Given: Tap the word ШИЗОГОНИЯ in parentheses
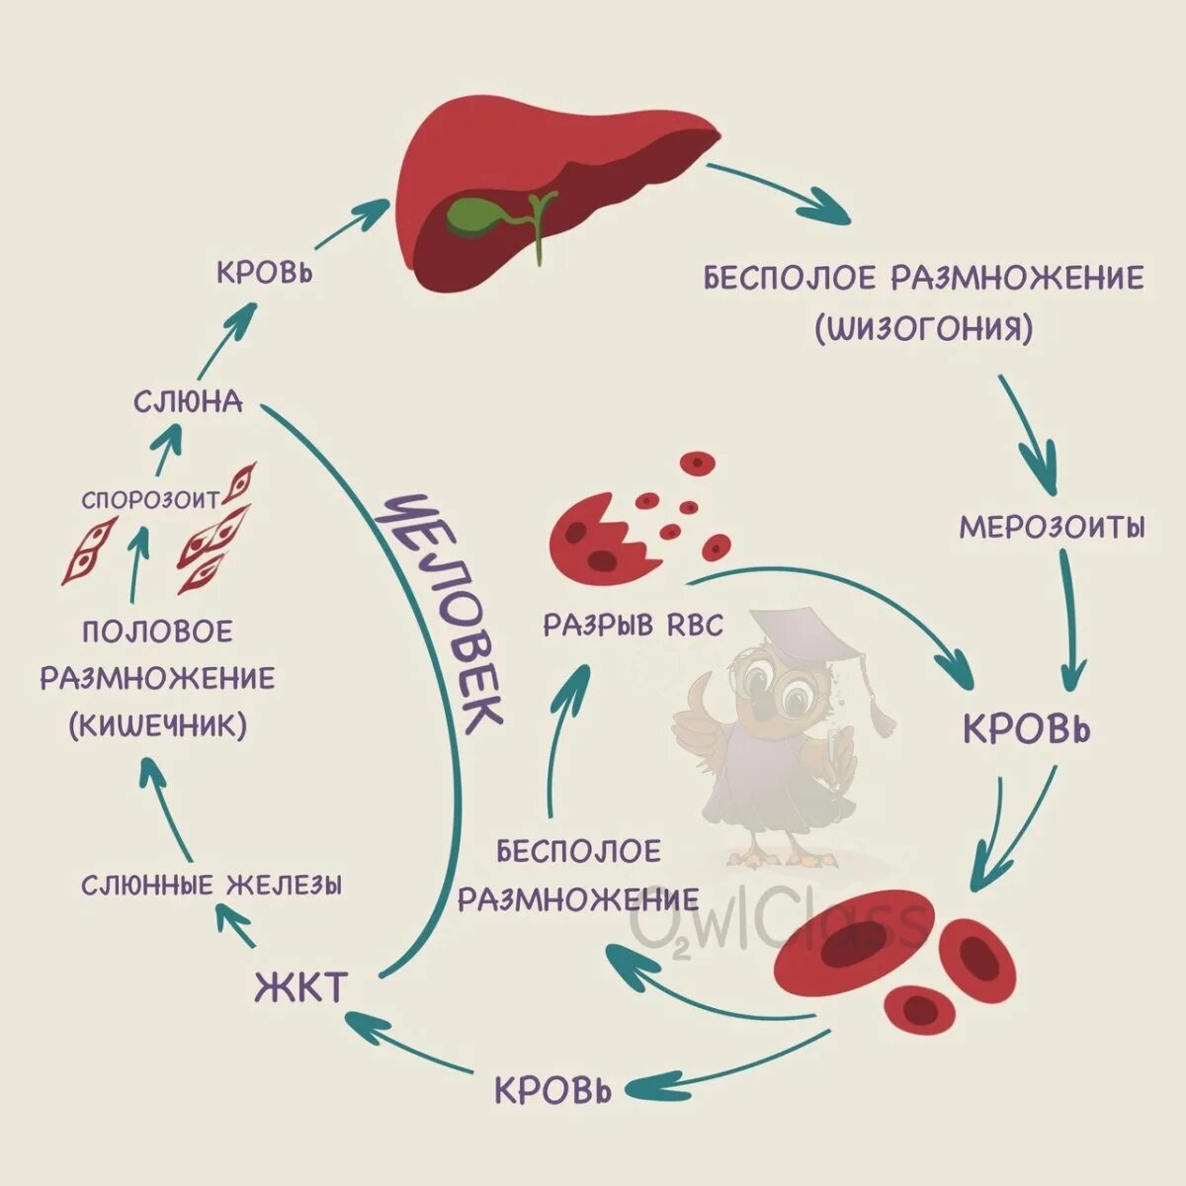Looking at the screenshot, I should [x=924, y=328].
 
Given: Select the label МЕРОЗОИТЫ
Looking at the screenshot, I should [x=1053, y=527].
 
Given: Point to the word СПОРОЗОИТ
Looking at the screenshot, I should [x=150, y=500].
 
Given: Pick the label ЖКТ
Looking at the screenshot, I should [x=301, y=987].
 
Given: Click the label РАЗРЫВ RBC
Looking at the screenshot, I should [x=633, y=625].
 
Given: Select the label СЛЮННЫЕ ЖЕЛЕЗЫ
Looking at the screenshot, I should [x=212, y=885].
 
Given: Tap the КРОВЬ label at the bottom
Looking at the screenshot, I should [x=553, y=1090].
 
